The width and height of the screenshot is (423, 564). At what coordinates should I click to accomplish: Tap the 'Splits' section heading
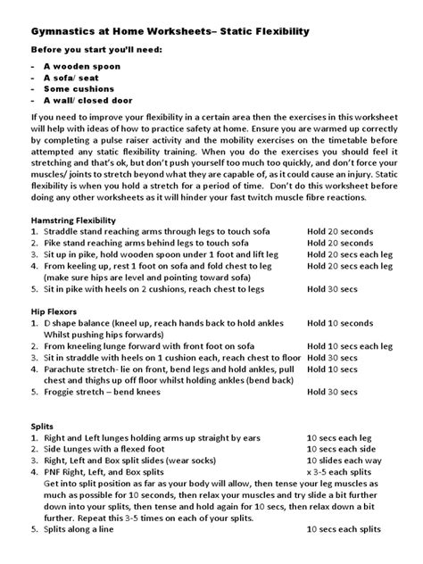44,427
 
